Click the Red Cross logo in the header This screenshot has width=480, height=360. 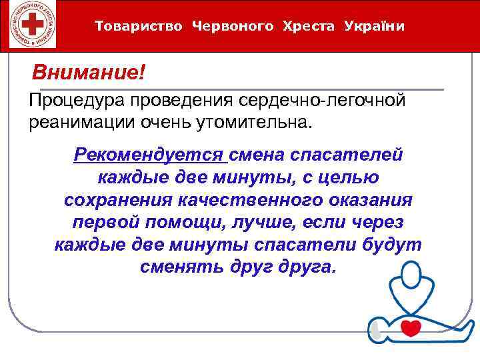(x=30, y=25)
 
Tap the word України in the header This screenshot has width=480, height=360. (x=375, y=27)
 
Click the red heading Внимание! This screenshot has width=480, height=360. (x=89, y=71)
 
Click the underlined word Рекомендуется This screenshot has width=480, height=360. (x=149, y=155)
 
